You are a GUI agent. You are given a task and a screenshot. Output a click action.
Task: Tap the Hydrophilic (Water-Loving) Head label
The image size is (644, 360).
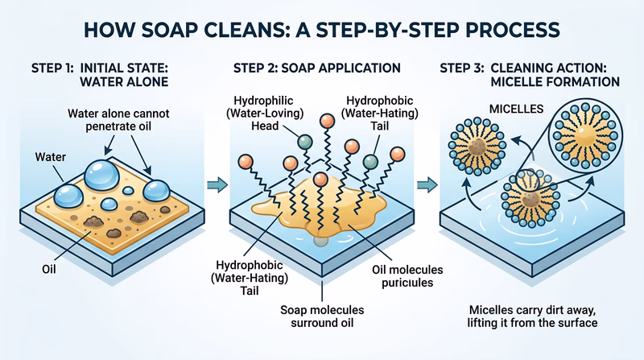click(247, 112)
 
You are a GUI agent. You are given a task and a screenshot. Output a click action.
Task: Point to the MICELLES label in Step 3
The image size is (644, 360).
click(492, 107)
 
